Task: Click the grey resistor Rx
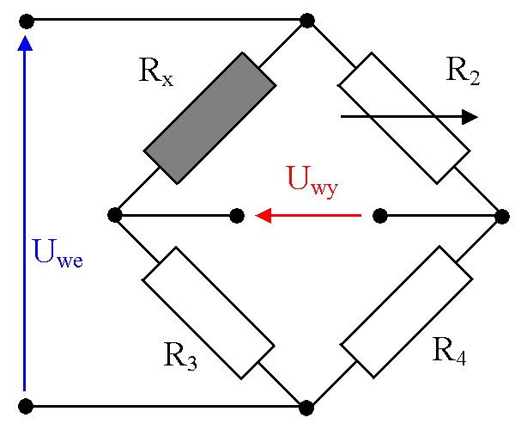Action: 209,118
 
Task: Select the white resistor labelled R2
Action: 404,118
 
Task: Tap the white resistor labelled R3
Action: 209,313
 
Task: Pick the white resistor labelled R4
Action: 406,313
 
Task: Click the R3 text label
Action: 179,353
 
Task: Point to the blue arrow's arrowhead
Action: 26,43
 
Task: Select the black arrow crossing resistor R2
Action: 408,117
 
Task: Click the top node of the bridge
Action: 306,19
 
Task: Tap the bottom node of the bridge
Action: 306,404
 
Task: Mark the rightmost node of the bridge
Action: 503,215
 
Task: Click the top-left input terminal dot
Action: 26,19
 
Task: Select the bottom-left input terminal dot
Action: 26,404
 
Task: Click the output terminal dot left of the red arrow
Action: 239,215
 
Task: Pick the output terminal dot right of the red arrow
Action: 379,215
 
